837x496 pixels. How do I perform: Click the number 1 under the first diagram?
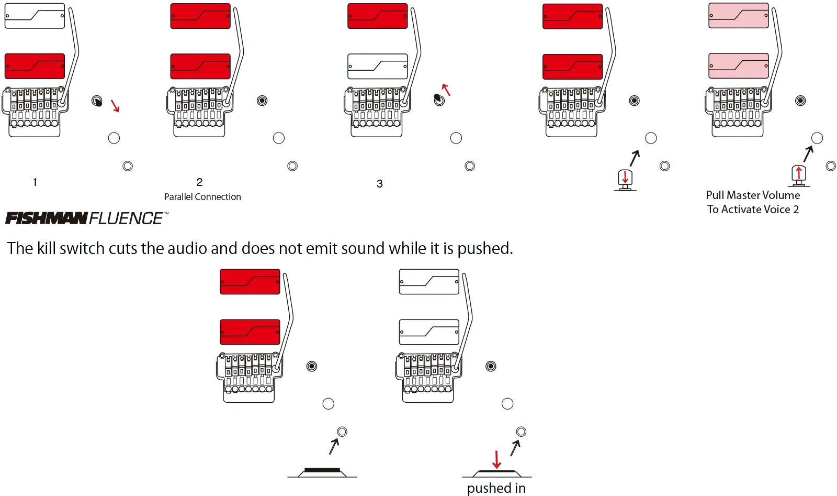pos(35,182)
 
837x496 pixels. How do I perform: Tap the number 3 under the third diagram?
pos(380,184)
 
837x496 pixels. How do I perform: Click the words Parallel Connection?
pos(202,197)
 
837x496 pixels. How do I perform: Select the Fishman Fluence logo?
pos(87,218)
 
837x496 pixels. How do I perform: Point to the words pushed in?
pos(496,488)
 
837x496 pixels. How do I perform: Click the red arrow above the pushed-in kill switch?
pos(496,460)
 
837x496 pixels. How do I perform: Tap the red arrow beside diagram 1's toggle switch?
pos(115,106)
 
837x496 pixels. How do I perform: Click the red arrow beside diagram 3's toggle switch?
pos(446,90)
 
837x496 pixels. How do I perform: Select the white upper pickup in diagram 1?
pos(35,16)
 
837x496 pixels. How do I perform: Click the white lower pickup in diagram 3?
pos(377,66)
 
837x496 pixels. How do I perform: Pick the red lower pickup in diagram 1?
pos(35,66)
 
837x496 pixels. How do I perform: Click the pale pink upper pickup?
pos(738,16)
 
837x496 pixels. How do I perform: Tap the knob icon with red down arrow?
pos(625,180)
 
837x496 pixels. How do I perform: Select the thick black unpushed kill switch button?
pos(322,470)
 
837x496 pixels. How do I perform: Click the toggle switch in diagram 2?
pos(262,101)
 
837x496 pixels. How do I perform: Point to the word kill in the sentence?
pos(47,248)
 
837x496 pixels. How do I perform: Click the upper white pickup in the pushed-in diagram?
pos(429,282)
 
